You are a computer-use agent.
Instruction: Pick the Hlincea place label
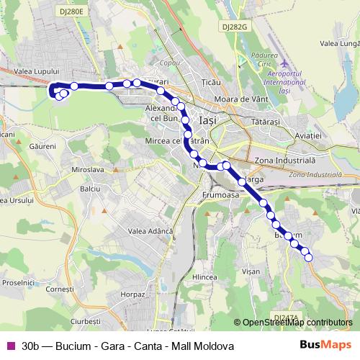205,276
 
